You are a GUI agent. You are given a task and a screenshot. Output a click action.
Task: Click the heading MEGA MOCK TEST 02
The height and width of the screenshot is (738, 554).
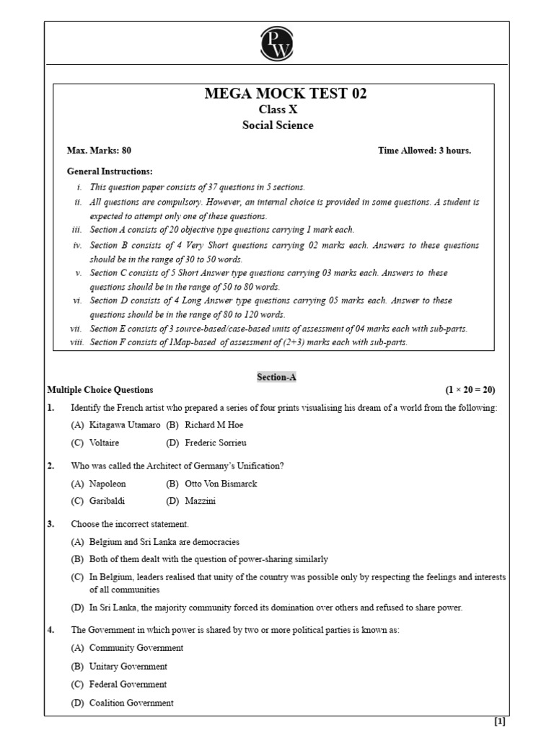(277, 94)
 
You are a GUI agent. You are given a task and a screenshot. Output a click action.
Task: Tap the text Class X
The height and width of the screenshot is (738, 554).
(277, 110)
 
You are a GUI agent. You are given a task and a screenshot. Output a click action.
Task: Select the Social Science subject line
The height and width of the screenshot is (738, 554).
(277, 125)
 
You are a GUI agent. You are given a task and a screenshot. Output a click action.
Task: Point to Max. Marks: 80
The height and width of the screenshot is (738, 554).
(99, 151)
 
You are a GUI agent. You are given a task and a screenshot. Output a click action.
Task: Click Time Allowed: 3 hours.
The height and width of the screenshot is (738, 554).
(424, 151)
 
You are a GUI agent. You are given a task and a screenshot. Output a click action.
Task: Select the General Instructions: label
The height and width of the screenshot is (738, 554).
(110, 172)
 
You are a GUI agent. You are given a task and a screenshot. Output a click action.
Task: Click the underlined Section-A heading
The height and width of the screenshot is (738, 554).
(277, 377)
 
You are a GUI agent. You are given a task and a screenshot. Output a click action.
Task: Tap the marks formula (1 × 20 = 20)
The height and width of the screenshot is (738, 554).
(470, 390)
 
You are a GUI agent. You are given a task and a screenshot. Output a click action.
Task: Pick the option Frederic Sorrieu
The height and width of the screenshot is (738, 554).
(215, 443)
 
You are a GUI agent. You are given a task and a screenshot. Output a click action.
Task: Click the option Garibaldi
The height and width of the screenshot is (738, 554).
(107, 501)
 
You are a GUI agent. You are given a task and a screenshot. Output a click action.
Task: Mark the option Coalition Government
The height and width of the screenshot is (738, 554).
(131, 703)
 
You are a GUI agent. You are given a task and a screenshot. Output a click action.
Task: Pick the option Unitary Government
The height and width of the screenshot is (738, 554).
(128, 667)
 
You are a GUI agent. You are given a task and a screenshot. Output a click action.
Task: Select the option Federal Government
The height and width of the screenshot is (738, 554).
(128, 685)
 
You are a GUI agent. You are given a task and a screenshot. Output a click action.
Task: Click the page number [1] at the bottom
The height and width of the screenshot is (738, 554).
(499, 721)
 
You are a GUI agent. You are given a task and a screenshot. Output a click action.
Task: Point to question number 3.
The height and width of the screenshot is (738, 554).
(50, 524)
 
